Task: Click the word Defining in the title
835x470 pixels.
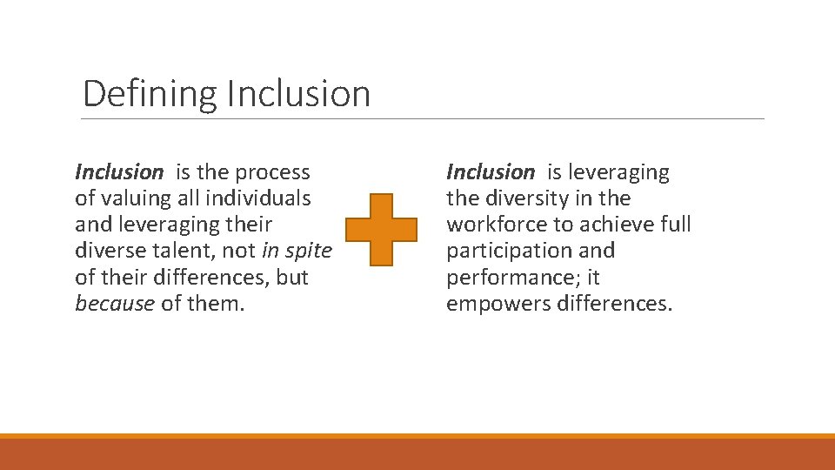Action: tap(150, 94)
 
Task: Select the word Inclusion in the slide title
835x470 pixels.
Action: tap(298, 94)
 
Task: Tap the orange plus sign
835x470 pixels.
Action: tap(382, 230)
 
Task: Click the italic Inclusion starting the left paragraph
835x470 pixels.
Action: tap(119, 172)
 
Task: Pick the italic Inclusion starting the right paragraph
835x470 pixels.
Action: tap(491, 172)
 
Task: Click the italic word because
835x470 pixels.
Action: tap(115, 305)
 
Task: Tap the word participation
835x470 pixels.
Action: tap(501, 252)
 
